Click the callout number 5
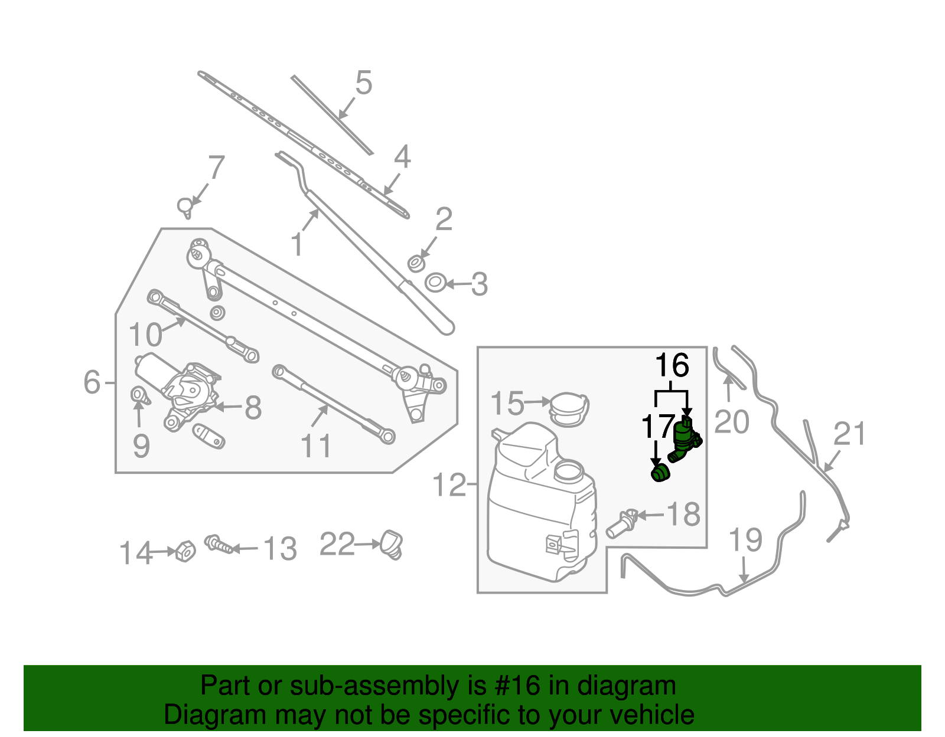(364, 83)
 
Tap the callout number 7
(216, 168)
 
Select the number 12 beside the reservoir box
(449, 485)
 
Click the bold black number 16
(672, 366)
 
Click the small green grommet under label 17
(660, 473)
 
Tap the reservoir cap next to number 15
(569, 408)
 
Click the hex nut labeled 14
(185, 551)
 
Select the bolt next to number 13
(219, 544)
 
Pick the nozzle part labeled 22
(392, 543)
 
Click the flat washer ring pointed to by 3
(435, 282)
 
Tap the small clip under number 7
(185, 207)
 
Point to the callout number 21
(850, 435)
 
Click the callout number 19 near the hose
(745, 540)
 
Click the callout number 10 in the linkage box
(145, 335)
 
